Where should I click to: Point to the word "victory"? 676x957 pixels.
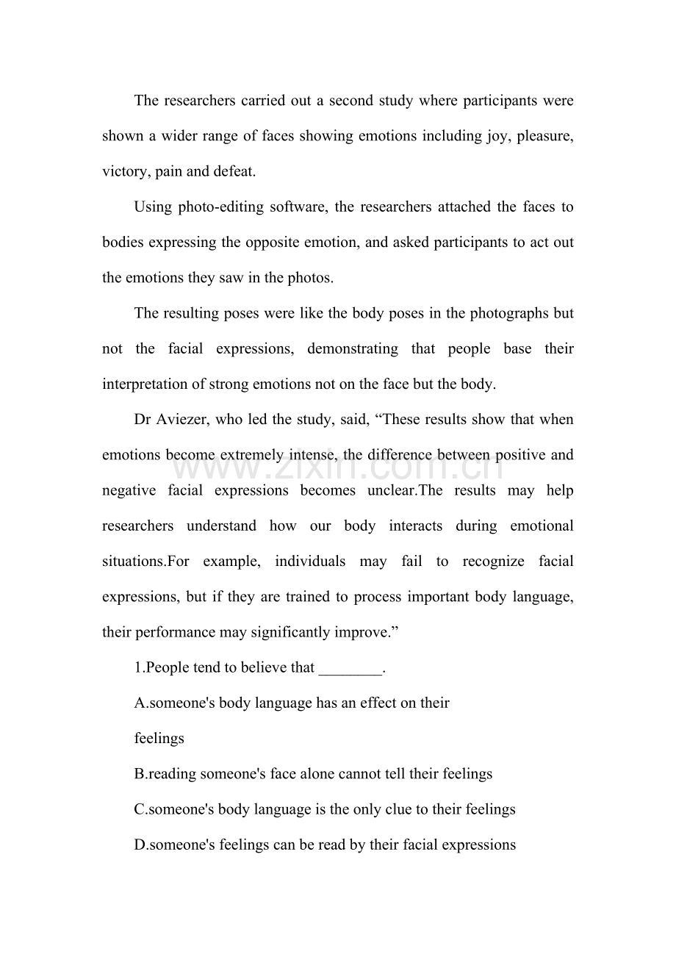click(x=125, y=171)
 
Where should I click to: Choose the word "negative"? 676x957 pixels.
click(x=129, y=490)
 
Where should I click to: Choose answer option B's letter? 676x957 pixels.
click(x=139, y=774)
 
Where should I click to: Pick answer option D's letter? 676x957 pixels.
click(x=139, y=845)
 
